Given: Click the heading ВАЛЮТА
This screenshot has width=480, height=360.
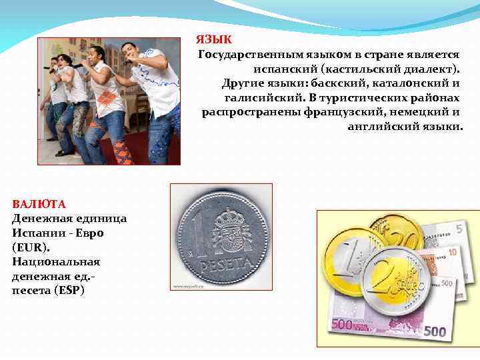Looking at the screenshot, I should coord(39,203).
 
